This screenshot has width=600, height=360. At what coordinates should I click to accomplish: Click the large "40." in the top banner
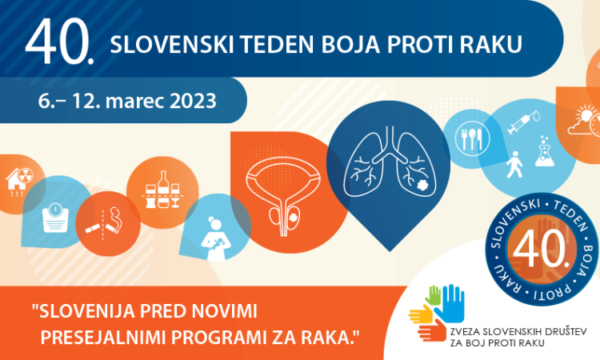click(59, 42)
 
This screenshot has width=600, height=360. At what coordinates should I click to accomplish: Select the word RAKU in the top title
click(491, 44)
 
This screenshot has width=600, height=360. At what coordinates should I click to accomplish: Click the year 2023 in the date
click(193, 101)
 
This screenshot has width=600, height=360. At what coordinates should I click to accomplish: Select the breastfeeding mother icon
click(215, 238)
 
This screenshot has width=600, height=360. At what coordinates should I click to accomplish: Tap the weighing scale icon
click(55, 218)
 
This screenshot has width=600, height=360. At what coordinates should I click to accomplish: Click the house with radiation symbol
click(19, 181)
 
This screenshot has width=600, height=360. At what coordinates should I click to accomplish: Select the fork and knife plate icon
click(472, 138)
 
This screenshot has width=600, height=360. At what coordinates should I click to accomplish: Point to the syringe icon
click(523, 122)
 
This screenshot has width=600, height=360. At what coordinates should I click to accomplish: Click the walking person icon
click(514, 165)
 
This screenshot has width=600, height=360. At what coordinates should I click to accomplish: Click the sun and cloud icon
click(583, 121)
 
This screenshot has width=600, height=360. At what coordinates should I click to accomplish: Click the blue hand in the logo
click(450, 303)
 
